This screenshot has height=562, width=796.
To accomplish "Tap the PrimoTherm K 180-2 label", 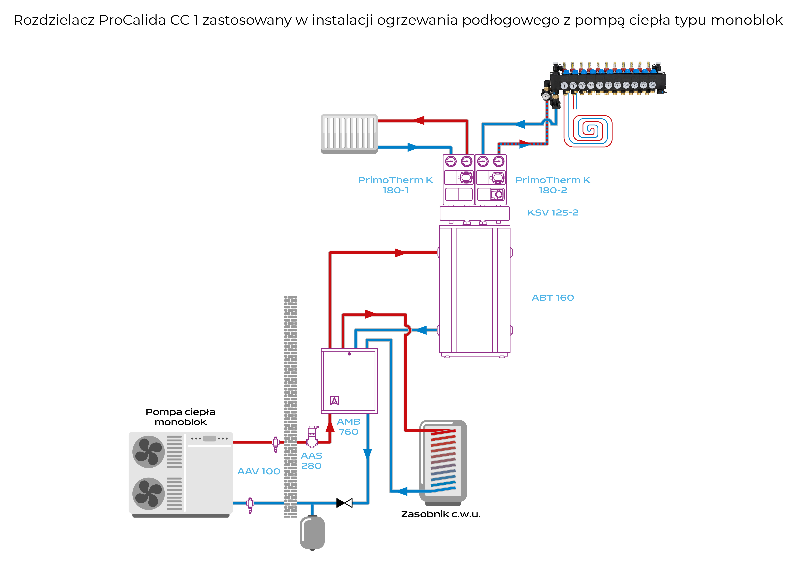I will (553, 185).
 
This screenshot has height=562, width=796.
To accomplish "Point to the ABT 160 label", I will (553, 298).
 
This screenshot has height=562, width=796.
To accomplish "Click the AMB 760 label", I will (348, 427).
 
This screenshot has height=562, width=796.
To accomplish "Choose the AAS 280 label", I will (311, 461).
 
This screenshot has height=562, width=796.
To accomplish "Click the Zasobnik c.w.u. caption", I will (441, 514).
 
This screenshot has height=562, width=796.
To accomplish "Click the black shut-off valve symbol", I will (344, 503).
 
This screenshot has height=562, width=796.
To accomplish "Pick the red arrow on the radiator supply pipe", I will (419, 120).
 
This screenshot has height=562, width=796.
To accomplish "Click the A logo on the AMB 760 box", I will (334, 400).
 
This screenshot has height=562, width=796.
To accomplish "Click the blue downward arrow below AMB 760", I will (368, 454).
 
